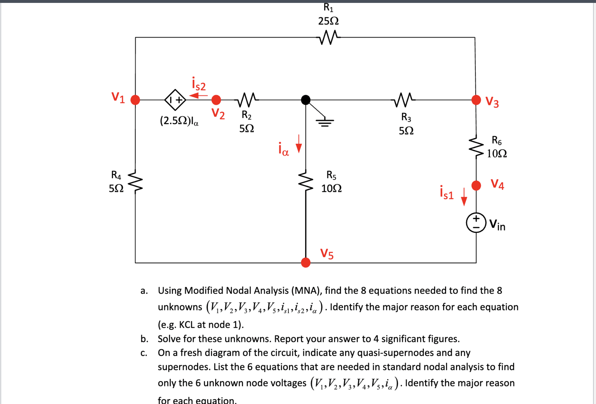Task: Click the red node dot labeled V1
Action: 135,100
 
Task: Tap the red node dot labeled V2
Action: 216,100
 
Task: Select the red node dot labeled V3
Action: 476,100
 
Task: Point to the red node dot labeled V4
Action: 476,185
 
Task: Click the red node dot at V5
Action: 306,262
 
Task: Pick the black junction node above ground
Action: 306,100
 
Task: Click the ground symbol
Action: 325,122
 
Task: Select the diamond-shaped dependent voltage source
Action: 175,100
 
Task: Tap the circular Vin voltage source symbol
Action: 476,223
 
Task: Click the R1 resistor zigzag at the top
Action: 329,37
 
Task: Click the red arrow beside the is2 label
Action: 198,95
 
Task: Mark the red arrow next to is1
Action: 464,197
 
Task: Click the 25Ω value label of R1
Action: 328,21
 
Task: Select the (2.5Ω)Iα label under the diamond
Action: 179,121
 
